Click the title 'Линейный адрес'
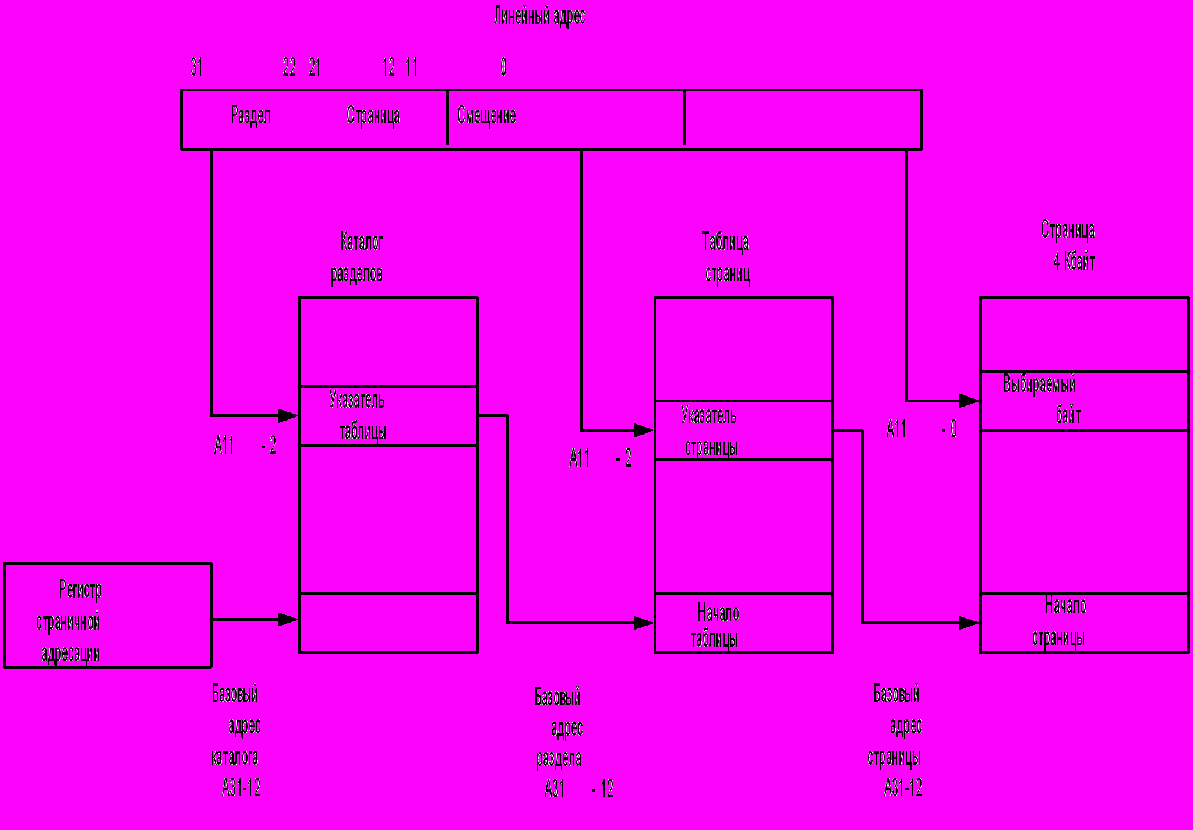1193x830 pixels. tap(539, 16)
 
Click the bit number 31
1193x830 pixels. tap(196, 67)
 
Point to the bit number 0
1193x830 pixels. tap(503, 67)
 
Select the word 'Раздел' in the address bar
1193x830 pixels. tap(250, 115)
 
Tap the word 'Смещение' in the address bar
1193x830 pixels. tap(486, 115)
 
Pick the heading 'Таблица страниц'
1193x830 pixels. tap(726, 257)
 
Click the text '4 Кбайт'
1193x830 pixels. tap(1074, 262)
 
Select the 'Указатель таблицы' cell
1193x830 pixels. tap(388, 416)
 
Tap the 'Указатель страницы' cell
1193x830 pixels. tap(743, 431)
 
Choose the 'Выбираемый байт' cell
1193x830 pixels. tap(1083, 401)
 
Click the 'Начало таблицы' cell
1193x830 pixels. tap(743, 623)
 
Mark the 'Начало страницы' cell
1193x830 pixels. tap(1083, 623)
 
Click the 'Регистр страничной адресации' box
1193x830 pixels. tap(108, 616)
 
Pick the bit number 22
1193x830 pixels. tap(289, 67)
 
